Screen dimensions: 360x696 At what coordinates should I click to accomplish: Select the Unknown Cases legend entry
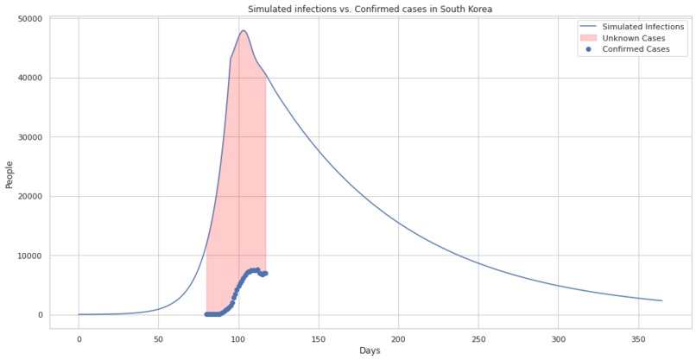click(635, 38)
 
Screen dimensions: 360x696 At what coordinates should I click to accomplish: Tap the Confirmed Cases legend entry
click(636, 49)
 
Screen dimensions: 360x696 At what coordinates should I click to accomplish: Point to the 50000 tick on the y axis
click(29, 19)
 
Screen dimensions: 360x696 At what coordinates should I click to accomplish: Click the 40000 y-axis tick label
click(29, 79)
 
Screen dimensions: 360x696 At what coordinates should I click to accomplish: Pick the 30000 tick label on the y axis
click(29, 137)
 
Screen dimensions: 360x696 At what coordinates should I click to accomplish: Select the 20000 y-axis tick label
click(29, 197)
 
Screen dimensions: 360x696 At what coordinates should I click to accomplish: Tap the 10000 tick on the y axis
click(29, 256)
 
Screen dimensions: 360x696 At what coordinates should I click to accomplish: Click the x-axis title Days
click(370, 351)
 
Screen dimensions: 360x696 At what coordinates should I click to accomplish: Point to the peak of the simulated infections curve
click(244, 31)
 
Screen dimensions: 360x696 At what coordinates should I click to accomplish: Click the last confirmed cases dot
click(265, 273)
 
